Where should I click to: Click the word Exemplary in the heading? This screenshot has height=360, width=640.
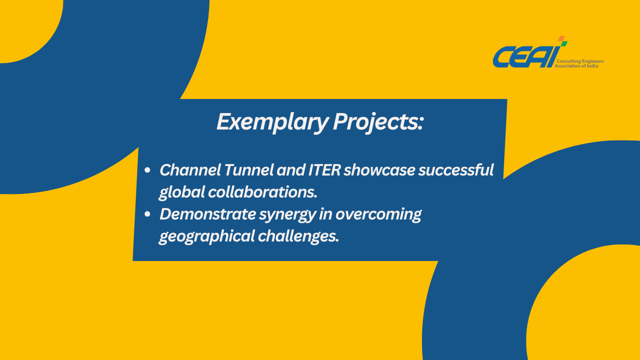[x=272, y=122]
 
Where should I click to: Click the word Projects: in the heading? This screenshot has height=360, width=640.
[x=378, y=122]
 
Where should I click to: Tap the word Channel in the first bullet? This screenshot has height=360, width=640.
[x=190, y=170]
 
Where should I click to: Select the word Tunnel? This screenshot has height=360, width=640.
[x=249, y=170]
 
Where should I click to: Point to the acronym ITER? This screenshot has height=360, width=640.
[x=324, y=170]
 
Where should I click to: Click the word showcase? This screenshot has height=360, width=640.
[x=379, y=170]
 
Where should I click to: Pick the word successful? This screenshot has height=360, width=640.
[x=456, y=170]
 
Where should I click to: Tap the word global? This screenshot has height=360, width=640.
[x=181, y=192]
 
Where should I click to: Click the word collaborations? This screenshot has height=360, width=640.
[x=263, y=192]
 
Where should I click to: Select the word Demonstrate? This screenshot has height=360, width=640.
[x=207, y=214]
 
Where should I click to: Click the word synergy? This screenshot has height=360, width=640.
[x=287, y=215]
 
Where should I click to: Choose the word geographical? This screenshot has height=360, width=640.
[x=206, y=237]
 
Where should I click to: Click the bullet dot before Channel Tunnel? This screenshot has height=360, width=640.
[x=147, y=170]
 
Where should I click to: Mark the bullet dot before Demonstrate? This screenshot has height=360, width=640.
[x=147, y=214]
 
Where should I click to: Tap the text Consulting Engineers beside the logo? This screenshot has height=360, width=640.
[x=580, y=61]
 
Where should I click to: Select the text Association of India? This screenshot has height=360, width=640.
[x=576, y=66]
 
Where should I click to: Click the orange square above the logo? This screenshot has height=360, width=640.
[x=561, y=38]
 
